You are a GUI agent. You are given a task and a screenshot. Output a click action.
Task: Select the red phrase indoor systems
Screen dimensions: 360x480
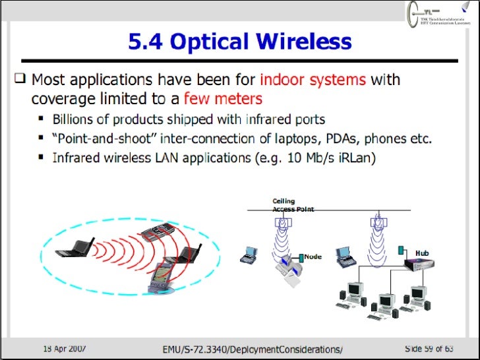click(313, 81)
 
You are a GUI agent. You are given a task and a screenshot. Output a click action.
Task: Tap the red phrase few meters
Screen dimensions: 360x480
click(223, 99)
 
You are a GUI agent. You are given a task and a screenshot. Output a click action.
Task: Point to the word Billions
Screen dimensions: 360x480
click(76, 120)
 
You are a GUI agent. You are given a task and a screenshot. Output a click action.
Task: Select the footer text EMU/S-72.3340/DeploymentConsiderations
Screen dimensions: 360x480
click(253, 347)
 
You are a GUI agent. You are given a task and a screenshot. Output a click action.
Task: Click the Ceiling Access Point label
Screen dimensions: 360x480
click(293, 205)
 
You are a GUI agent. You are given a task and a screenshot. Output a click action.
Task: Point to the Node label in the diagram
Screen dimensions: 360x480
click(313, 256)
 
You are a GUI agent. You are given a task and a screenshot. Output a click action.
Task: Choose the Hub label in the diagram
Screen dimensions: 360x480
click(422, 252)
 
